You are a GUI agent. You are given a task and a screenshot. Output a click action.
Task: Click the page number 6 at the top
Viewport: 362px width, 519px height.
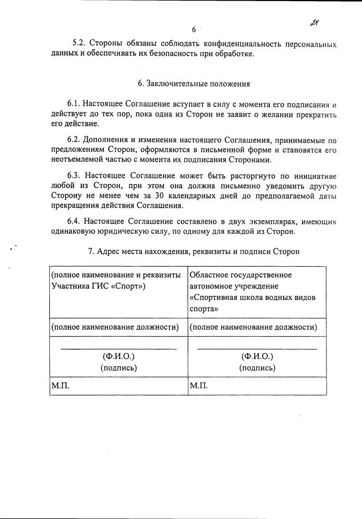194,29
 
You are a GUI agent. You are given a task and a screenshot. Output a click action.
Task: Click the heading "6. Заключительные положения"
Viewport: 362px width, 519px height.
194,84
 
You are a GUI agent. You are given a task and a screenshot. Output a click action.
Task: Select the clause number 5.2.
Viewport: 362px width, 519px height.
79,44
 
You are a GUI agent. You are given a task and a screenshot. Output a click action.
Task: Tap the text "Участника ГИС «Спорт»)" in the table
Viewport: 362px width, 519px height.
98,286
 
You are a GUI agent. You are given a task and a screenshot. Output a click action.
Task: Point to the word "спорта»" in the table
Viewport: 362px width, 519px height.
204,307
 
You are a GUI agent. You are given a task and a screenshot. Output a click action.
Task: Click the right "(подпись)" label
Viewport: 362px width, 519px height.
257,368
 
